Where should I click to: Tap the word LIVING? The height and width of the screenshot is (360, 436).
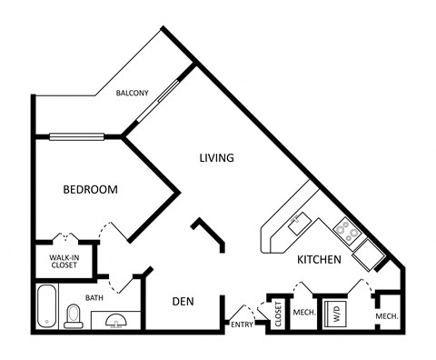coord(217,157)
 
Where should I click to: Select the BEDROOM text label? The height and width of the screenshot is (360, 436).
coord(90,189)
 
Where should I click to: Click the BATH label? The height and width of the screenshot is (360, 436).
coord(94,297)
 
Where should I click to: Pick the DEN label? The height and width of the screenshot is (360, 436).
coord(184,302)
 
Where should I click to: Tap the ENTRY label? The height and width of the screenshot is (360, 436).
coord(242,325)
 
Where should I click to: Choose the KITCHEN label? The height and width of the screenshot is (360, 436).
coord(318,260)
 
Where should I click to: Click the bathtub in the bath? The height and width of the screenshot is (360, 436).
coord(47,307)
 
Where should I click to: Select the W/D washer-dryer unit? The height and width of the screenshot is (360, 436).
coord(334,313)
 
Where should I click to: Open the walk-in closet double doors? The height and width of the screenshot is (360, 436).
coord(63,238)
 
